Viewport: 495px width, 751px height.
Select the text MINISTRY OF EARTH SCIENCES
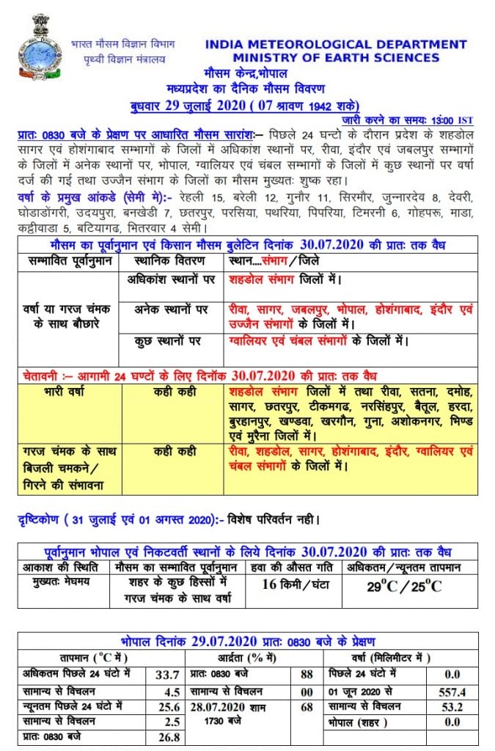click(337, 58)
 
